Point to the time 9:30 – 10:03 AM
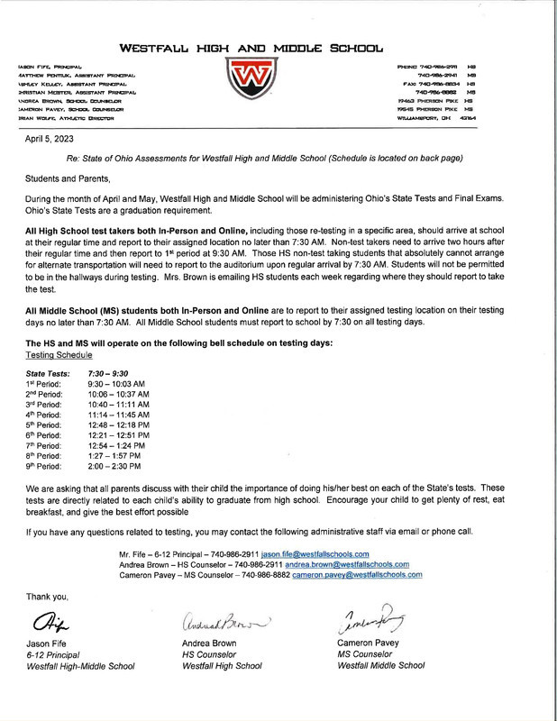[x=120, y=383]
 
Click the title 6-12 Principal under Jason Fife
[x=54, y=654]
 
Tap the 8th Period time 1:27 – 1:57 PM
[x=118, y=456]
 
